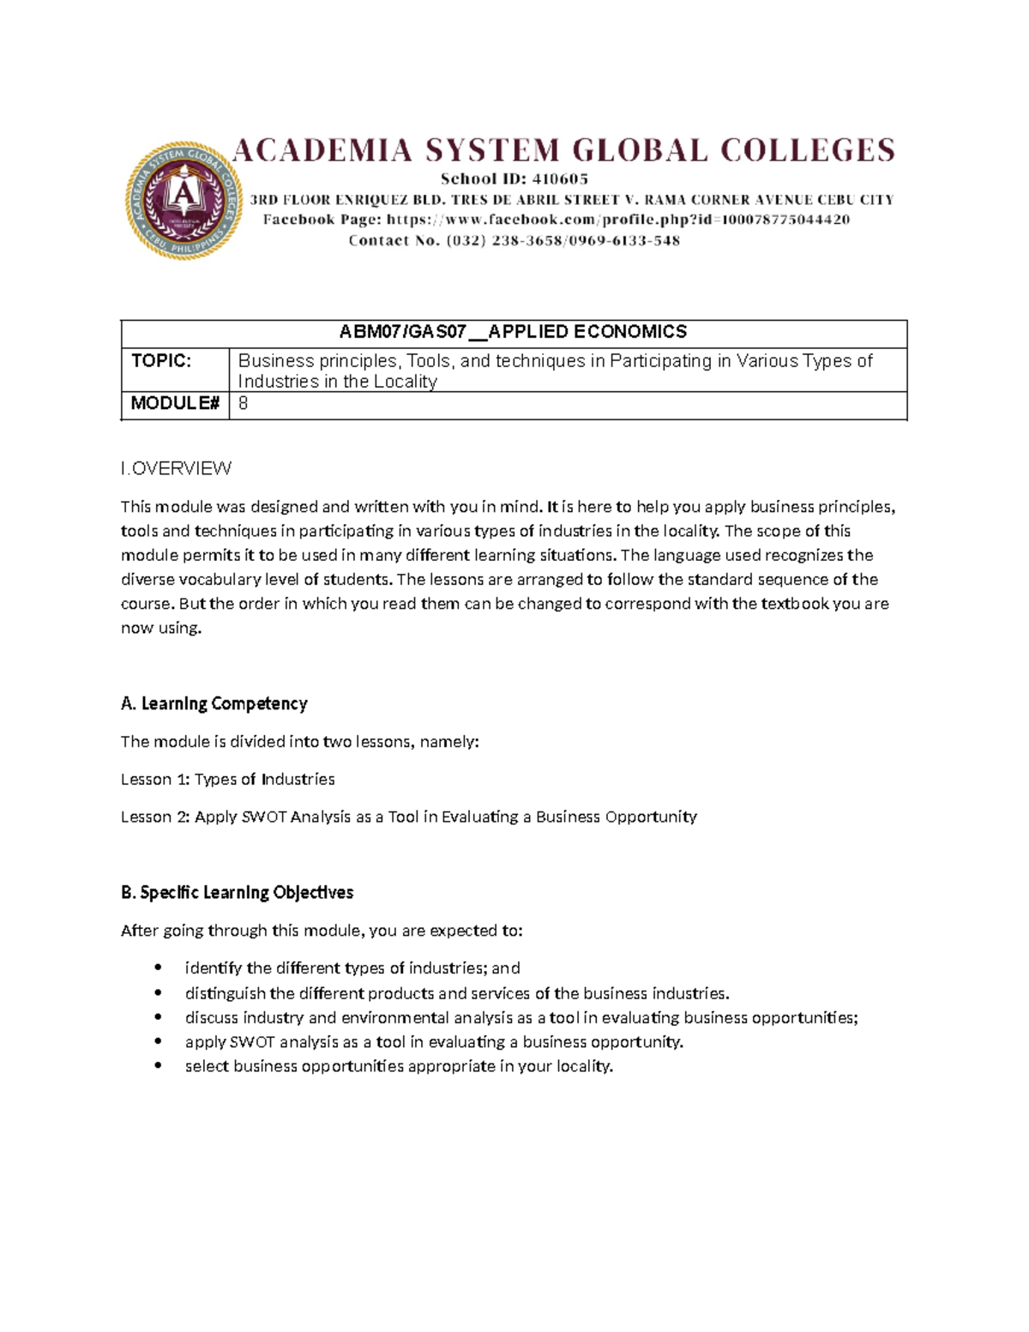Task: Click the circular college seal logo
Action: pos(184,201)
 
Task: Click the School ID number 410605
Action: pos(560,179)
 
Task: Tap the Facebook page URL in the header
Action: pos(617,220)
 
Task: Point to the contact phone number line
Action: pos(514,241)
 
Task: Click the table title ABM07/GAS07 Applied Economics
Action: pos(513,332)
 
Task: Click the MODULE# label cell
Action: pos(175,404)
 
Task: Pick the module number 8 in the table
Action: pos(244,404)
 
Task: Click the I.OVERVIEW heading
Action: pos(176,468)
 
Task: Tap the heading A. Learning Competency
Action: pos(214,704)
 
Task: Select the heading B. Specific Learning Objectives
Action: pos(238,893)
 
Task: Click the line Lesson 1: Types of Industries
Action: pos(227,780)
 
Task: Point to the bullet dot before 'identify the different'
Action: pos(158,968)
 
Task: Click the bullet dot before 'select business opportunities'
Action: pos(158,1066)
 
